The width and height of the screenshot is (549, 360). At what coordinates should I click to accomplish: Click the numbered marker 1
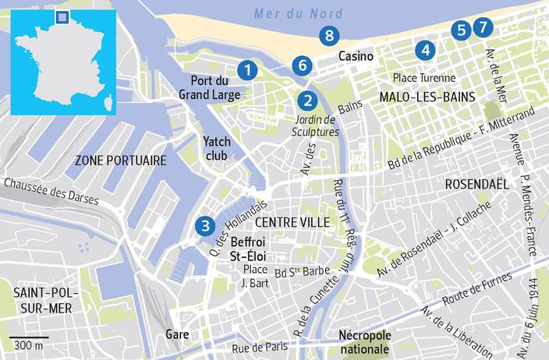(247, 70)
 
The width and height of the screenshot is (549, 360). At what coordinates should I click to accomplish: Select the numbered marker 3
(204, 227)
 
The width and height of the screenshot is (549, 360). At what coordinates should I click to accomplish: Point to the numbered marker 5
(461, 30)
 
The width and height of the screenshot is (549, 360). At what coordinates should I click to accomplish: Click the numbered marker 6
(302, 65)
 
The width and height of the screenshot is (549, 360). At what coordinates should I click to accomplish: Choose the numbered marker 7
(483, 27)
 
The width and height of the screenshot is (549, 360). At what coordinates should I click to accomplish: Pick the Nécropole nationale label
(365, 341)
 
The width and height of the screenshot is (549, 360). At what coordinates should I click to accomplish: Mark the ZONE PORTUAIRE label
(121, 161)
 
